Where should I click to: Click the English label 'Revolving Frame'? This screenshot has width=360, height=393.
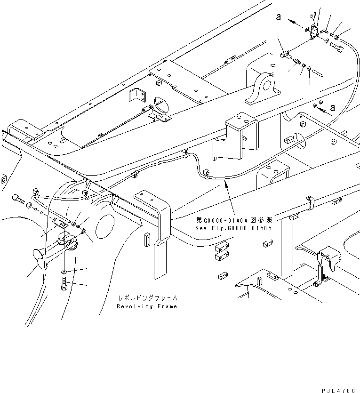tap(147, 306)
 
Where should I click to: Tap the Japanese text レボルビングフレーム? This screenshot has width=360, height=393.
tap(147, 298)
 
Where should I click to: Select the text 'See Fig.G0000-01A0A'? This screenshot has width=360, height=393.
tap(233, 228)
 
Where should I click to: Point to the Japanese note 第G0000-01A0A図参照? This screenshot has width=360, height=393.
tap(233, 220)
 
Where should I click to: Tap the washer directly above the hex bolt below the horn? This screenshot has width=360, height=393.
tap(64, 273)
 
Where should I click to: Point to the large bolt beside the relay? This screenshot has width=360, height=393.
tap(336, 47)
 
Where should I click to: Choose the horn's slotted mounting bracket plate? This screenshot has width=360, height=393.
tap(61, 222)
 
